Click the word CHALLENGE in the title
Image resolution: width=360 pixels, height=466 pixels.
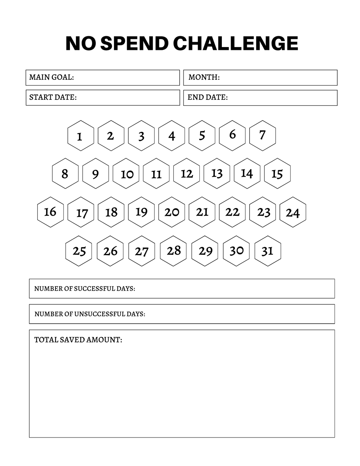coord(236,44)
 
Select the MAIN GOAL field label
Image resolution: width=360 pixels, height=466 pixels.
coord(51,77)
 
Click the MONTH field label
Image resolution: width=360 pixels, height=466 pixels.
coord(204,77)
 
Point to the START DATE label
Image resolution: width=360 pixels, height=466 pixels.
coord(53,97)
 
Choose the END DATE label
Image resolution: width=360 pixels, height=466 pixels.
coord(207,97)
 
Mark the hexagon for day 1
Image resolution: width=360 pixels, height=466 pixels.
coord(81,136)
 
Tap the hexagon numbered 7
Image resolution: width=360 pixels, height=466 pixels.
coord(262,135)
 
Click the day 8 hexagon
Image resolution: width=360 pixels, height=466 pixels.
coord(65,174)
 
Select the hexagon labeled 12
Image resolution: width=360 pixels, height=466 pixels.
coord(186,174)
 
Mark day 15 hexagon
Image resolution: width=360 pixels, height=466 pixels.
coord(277,174)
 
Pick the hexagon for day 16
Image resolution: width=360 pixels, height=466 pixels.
coord(50,212)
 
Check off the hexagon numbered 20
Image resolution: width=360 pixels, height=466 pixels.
coord(172,212)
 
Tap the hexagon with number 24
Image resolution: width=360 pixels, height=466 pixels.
coord(293,212)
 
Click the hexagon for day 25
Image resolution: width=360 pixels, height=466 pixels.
coord(79,251)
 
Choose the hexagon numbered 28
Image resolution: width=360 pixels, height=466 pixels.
coord(173,251)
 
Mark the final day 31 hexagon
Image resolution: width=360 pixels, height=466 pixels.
coord(268,251)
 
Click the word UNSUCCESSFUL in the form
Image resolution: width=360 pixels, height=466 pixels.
coord(99,314)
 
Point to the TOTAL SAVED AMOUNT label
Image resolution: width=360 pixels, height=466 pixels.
coord(78,340)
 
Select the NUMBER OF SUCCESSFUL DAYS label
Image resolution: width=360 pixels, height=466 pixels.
coord(84,289)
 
